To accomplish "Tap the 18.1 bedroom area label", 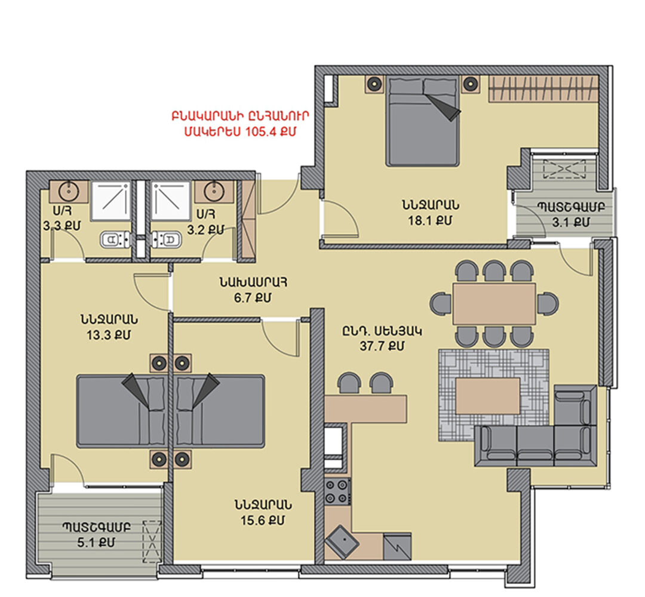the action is click(430, 221).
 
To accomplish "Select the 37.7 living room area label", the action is click(382, 346).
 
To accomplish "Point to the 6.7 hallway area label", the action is click(253, 297).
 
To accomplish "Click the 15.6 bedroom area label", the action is click(262, 521).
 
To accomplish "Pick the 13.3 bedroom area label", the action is click(109, 335).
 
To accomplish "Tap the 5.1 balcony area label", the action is click(96, 543).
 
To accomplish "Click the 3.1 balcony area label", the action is click(570, 223).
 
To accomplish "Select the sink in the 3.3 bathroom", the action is click(69, 191).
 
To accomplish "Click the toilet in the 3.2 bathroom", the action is click(167, 239).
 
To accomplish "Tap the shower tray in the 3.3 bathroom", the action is click(110, 201).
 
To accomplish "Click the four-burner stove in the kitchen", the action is click(337, 491).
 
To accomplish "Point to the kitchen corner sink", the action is click(342, 542).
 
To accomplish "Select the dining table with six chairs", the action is click(494, 303).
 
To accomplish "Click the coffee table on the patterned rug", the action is click(488, 396).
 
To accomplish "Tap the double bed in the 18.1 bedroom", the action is click(423, 121).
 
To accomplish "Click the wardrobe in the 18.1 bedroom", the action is click(543, 89).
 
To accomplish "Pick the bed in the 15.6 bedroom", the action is click(220, 411).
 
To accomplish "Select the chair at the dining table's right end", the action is click(548, 303).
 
